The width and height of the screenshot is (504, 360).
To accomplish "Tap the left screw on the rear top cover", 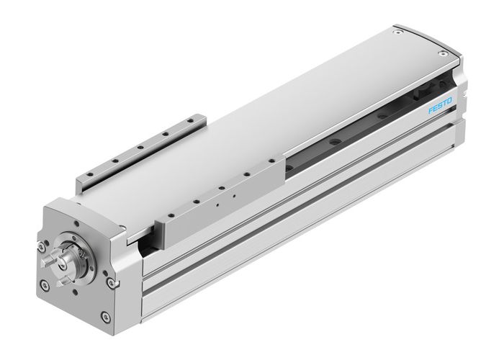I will (x=395, y=31).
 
